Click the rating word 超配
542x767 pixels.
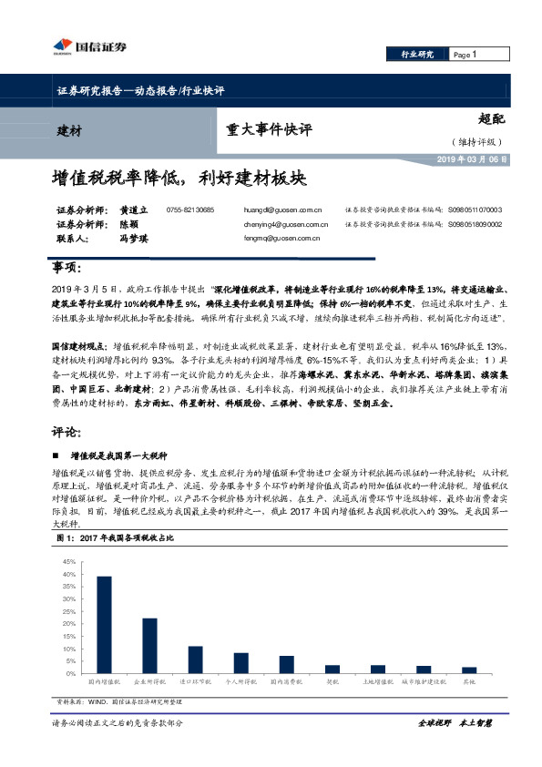coord(491,118)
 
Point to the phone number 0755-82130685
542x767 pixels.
coord(190,210)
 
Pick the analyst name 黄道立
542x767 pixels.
coord(133,210)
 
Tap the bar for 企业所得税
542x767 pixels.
coord(149,647)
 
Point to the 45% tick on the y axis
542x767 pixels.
coord(69,562)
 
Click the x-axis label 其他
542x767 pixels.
coord(468,681)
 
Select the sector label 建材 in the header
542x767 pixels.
coord(69,131)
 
